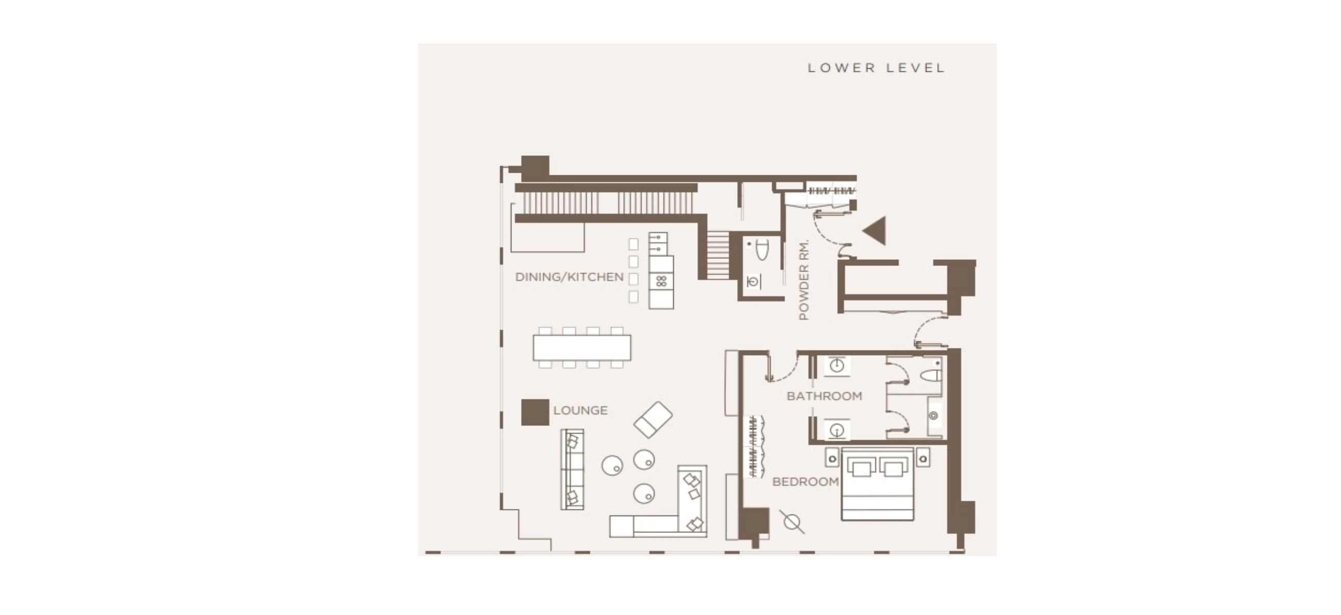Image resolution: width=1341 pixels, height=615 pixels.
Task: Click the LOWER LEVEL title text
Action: point(876,68)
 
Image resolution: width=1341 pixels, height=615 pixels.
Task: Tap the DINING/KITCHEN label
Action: point(569,277)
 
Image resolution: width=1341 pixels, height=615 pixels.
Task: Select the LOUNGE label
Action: point(580,411)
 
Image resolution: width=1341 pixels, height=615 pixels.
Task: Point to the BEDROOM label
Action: point(806,482)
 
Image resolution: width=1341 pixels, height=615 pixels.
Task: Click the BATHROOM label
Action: point(824,396)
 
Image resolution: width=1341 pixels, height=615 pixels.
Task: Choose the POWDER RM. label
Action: point(804,280)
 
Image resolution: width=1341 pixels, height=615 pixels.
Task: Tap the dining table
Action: point(582,348)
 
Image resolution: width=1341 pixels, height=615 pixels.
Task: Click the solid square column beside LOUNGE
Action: point(535,413)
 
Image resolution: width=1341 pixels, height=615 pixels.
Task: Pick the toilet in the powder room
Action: point(761,250)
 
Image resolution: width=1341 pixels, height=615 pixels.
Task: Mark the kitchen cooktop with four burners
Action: point(661,282)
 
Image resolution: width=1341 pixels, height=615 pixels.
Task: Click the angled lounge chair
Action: point(653,420)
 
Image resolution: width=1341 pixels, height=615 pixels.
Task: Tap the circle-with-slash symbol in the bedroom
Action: point(791,522)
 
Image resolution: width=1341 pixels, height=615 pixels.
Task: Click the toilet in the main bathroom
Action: point(931,375)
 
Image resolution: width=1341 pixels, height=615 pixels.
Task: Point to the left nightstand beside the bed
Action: point(832,459)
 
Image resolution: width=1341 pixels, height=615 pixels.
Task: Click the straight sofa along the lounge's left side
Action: point(572,469)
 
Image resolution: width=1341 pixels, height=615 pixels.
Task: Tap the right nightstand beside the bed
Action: point(923,458)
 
